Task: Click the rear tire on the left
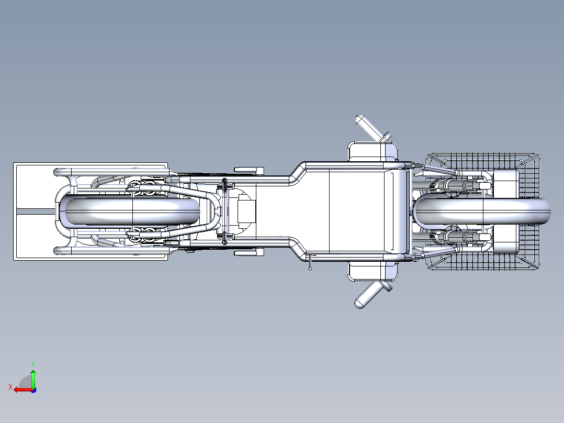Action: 132,211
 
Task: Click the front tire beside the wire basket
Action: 482,211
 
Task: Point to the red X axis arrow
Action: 24,390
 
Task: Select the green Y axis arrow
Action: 33,378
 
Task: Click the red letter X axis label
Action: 10,387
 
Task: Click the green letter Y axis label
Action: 33,364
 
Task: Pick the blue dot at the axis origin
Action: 33,390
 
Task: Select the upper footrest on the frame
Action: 249,170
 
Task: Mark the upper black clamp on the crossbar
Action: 225,184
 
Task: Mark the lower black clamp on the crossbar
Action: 225,238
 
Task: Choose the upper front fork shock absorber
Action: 460,186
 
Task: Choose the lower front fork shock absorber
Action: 460,237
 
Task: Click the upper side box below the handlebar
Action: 373,152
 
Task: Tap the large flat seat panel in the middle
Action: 357,211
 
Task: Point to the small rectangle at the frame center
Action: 246,212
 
